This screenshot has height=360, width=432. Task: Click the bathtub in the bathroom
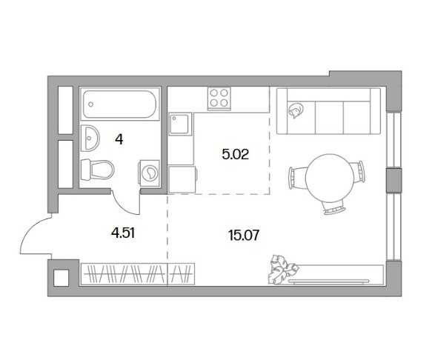pos(119,104)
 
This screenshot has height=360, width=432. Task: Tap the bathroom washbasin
pos(90,138)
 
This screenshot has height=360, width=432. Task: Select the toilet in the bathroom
pos(97,170)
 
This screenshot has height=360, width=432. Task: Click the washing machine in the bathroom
pos(149,173)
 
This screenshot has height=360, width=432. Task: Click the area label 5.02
pos(236,155)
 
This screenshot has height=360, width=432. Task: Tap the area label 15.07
pos(244,236)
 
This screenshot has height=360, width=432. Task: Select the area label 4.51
pos(123,233)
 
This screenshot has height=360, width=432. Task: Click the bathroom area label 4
pos(119,140)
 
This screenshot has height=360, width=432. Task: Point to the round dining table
pos(329,179)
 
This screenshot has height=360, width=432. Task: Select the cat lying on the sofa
pos(296,110)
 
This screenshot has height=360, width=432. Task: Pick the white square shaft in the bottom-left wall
pos(61,278)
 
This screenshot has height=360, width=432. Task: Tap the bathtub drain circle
pos(90,104)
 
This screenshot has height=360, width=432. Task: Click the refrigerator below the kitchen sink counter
pos(183,179)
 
